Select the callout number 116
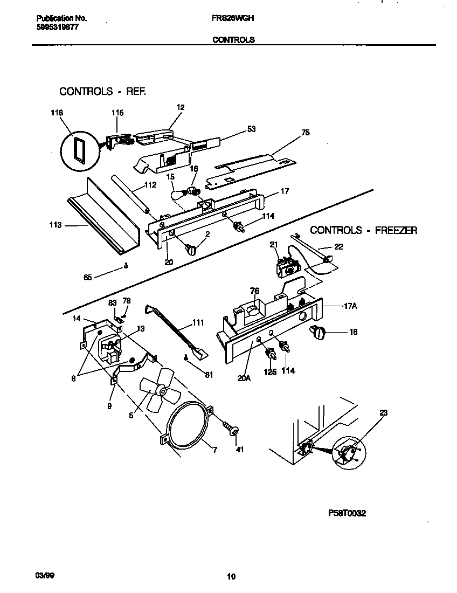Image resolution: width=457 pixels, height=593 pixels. pyautogui.click(x=57, y=113)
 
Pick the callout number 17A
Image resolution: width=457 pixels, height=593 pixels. pyautogui.click(x=351, y=306)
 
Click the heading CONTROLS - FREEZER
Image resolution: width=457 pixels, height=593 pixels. pyautogui.click(x=364, y=230)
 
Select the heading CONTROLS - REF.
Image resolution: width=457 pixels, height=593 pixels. pyautogui.click(x=102, y=91)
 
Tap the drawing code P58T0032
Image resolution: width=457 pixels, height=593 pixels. pyautogui.click(x=346, y=514)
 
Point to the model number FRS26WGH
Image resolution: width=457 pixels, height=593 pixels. pyautogui.click(x=233, y=18)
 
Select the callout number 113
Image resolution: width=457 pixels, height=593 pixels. pyautogui.click(x=56, y=225)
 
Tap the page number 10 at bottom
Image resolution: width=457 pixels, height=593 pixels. pyautogui.click(x=231, y=577)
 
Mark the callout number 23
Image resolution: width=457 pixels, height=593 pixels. pyautogui.click(x=383, y=413)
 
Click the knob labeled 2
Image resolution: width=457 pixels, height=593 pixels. pyautogui.click(x=191, y=249)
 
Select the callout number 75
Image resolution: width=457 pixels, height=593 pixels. pyautogui.click(x=306, y=133)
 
